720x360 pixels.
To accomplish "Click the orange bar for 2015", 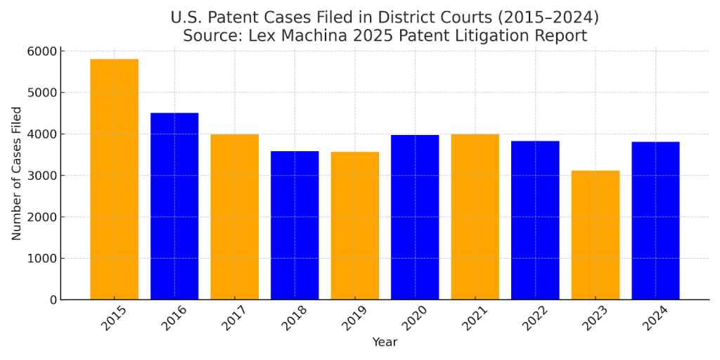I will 114,179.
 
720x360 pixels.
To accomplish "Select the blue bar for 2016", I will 174,206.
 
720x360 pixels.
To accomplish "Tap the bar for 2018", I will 295,225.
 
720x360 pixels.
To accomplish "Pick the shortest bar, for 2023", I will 595,235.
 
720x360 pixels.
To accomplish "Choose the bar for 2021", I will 475,217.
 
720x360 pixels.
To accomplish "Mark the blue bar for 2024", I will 655,221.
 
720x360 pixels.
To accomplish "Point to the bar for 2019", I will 354,226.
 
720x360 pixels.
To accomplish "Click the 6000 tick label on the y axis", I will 41,51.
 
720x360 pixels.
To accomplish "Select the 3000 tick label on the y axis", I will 41,176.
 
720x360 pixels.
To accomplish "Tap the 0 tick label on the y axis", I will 52,300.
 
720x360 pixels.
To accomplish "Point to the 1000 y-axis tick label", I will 41,259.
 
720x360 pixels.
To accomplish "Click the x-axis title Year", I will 385,342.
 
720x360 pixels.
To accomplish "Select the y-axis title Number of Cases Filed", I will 17,174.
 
